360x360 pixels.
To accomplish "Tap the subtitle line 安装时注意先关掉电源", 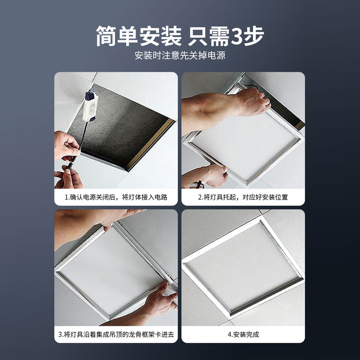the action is (x=180, y=55).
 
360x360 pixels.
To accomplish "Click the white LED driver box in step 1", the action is (x=90, y=106).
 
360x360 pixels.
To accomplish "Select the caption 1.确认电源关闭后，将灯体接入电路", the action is (x=116, y=197).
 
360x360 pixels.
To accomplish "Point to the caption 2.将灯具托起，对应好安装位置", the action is (x=243, y=197).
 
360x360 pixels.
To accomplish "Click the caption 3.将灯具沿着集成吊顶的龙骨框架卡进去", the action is (x=116, y=334).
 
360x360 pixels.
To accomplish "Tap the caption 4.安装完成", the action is (x=243, y=334).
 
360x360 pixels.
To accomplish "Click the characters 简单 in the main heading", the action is (x=117, y=36).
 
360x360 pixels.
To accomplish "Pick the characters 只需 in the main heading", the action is (x=208, y=36).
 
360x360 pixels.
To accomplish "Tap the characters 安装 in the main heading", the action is (x=160, y=36).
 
